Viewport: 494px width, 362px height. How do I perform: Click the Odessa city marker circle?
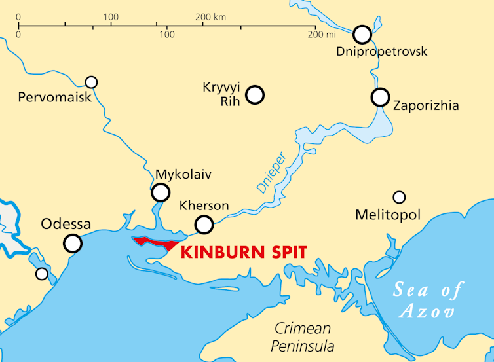pos(73,244)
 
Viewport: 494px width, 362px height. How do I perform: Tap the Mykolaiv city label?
pos(183,175)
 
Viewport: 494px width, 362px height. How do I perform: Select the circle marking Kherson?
pos(204,225)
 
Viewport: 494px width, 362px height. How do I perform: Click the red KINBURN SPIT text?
pos(243,251)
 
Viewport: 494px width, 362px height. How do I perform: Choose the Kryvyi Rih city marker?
pos(255,95)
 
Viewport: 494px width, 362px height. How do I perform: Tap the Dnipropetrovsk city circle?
pos(362,34)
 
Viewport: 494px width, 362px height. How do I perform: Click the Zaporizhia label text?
pos(425,105)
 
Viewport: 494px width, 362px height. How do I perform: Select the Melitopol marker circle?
pos(399,197)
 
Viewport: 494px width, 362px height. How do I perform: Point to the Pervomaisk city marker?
pos(92,82)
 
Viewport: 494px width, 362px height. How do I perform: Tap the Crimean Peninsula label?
pos(304,337)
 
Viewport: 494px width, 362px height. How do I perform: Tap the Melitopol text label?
pos(387,215)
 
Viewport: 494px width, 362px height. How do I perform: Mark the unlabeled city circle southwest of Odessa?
pos(42,274)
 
